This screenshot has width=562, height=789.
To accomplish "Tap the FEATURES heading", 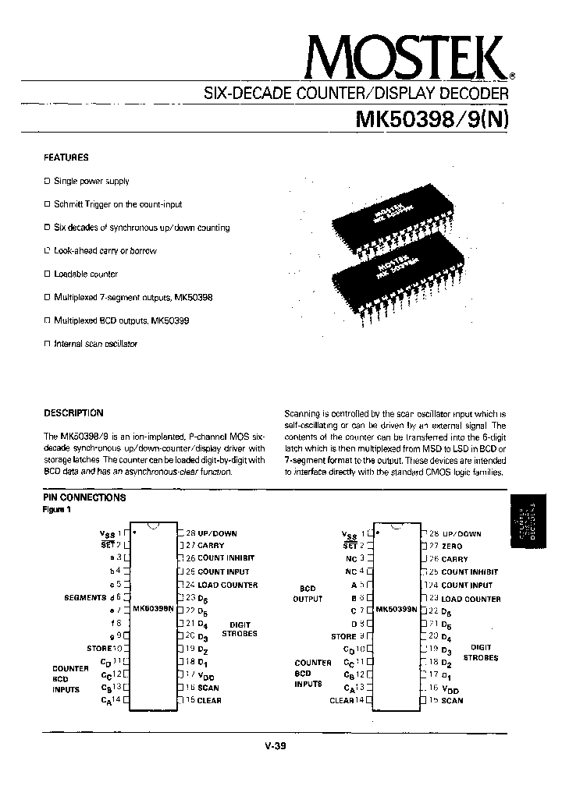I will (x=66, y=157).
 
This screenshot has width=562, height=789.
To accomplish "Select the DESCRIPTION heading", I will (x=73, y=413).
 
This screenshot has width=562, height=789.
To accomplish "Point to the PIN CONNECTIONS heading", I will (x=84, y=497).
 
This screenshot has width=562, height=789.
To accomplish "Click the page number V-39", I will (x=276, y=745).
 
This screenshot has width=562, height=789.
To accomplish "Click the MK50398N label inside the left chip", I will (x=153, y=609).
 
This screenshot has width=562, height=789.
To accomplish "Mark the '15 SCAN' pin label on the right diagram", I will (x=446, y=700).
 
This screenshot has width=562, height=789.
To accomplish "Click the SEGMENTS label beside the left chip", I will (x=85, y=597).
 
